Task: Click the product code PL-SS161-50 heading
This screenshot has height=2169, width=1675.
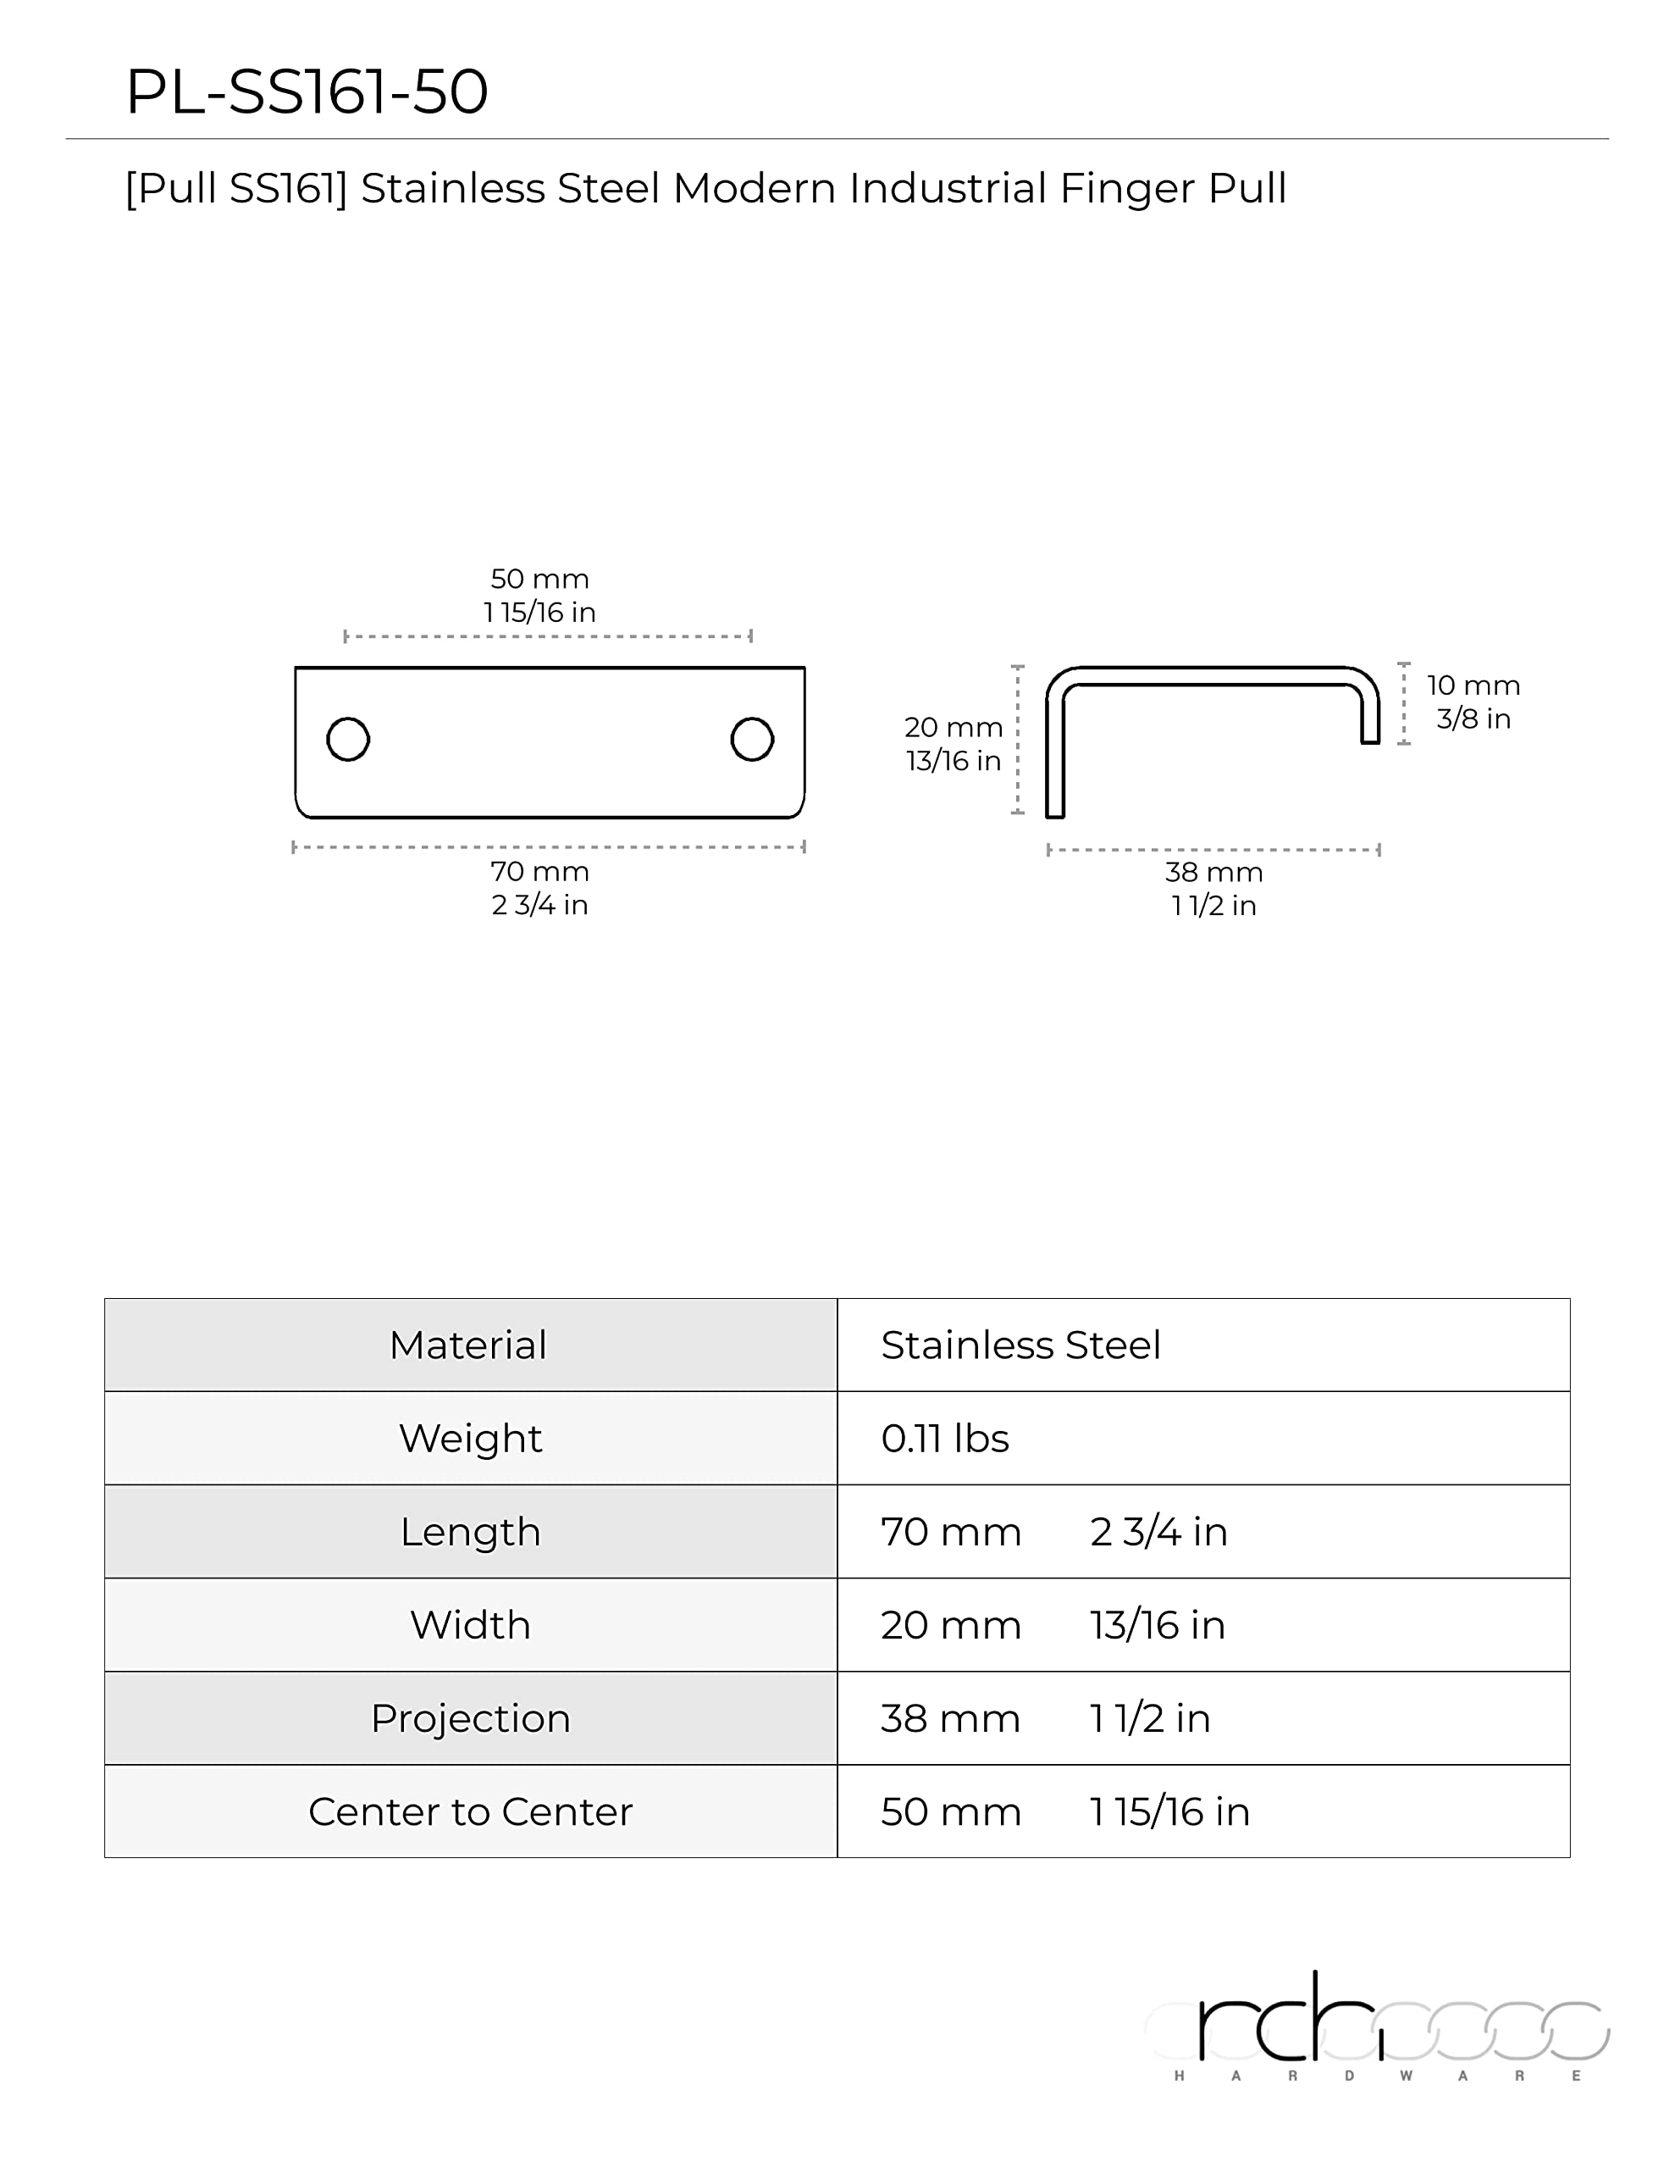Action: pos(307,92)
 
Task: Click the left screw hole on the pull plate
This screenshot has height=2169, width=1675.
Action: pos(347,739)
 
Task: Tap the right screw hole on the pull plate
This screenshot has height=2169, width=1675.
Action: pos(752,739)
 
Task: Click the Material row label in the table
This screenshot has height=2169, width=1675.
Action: pos(467,1345)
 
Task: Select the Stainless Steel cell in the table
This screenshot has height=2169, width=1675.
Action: pos(1020,1345)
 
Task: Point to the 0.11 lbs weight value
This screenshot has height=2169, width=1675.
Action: pos(944,1439)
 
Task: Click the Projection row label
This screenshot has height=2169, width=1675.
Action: pos(470,1719)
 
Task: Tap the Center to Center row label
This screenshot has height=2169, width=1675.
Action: pos(470,1812)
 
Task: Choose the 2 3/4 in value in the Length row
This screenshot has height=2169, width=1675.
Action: pos(1158,1533)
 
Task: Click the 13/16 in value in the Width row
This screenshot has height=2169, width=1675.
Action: pos(1158,1626)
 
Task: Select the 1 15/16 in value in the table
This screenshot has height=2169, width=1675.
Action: pos(1169,1812)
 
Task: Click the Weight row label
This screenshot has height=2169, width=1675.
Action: pos(470,1439)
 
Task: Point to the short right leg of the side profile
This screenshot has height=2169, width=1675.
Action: pos(1369,717)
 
